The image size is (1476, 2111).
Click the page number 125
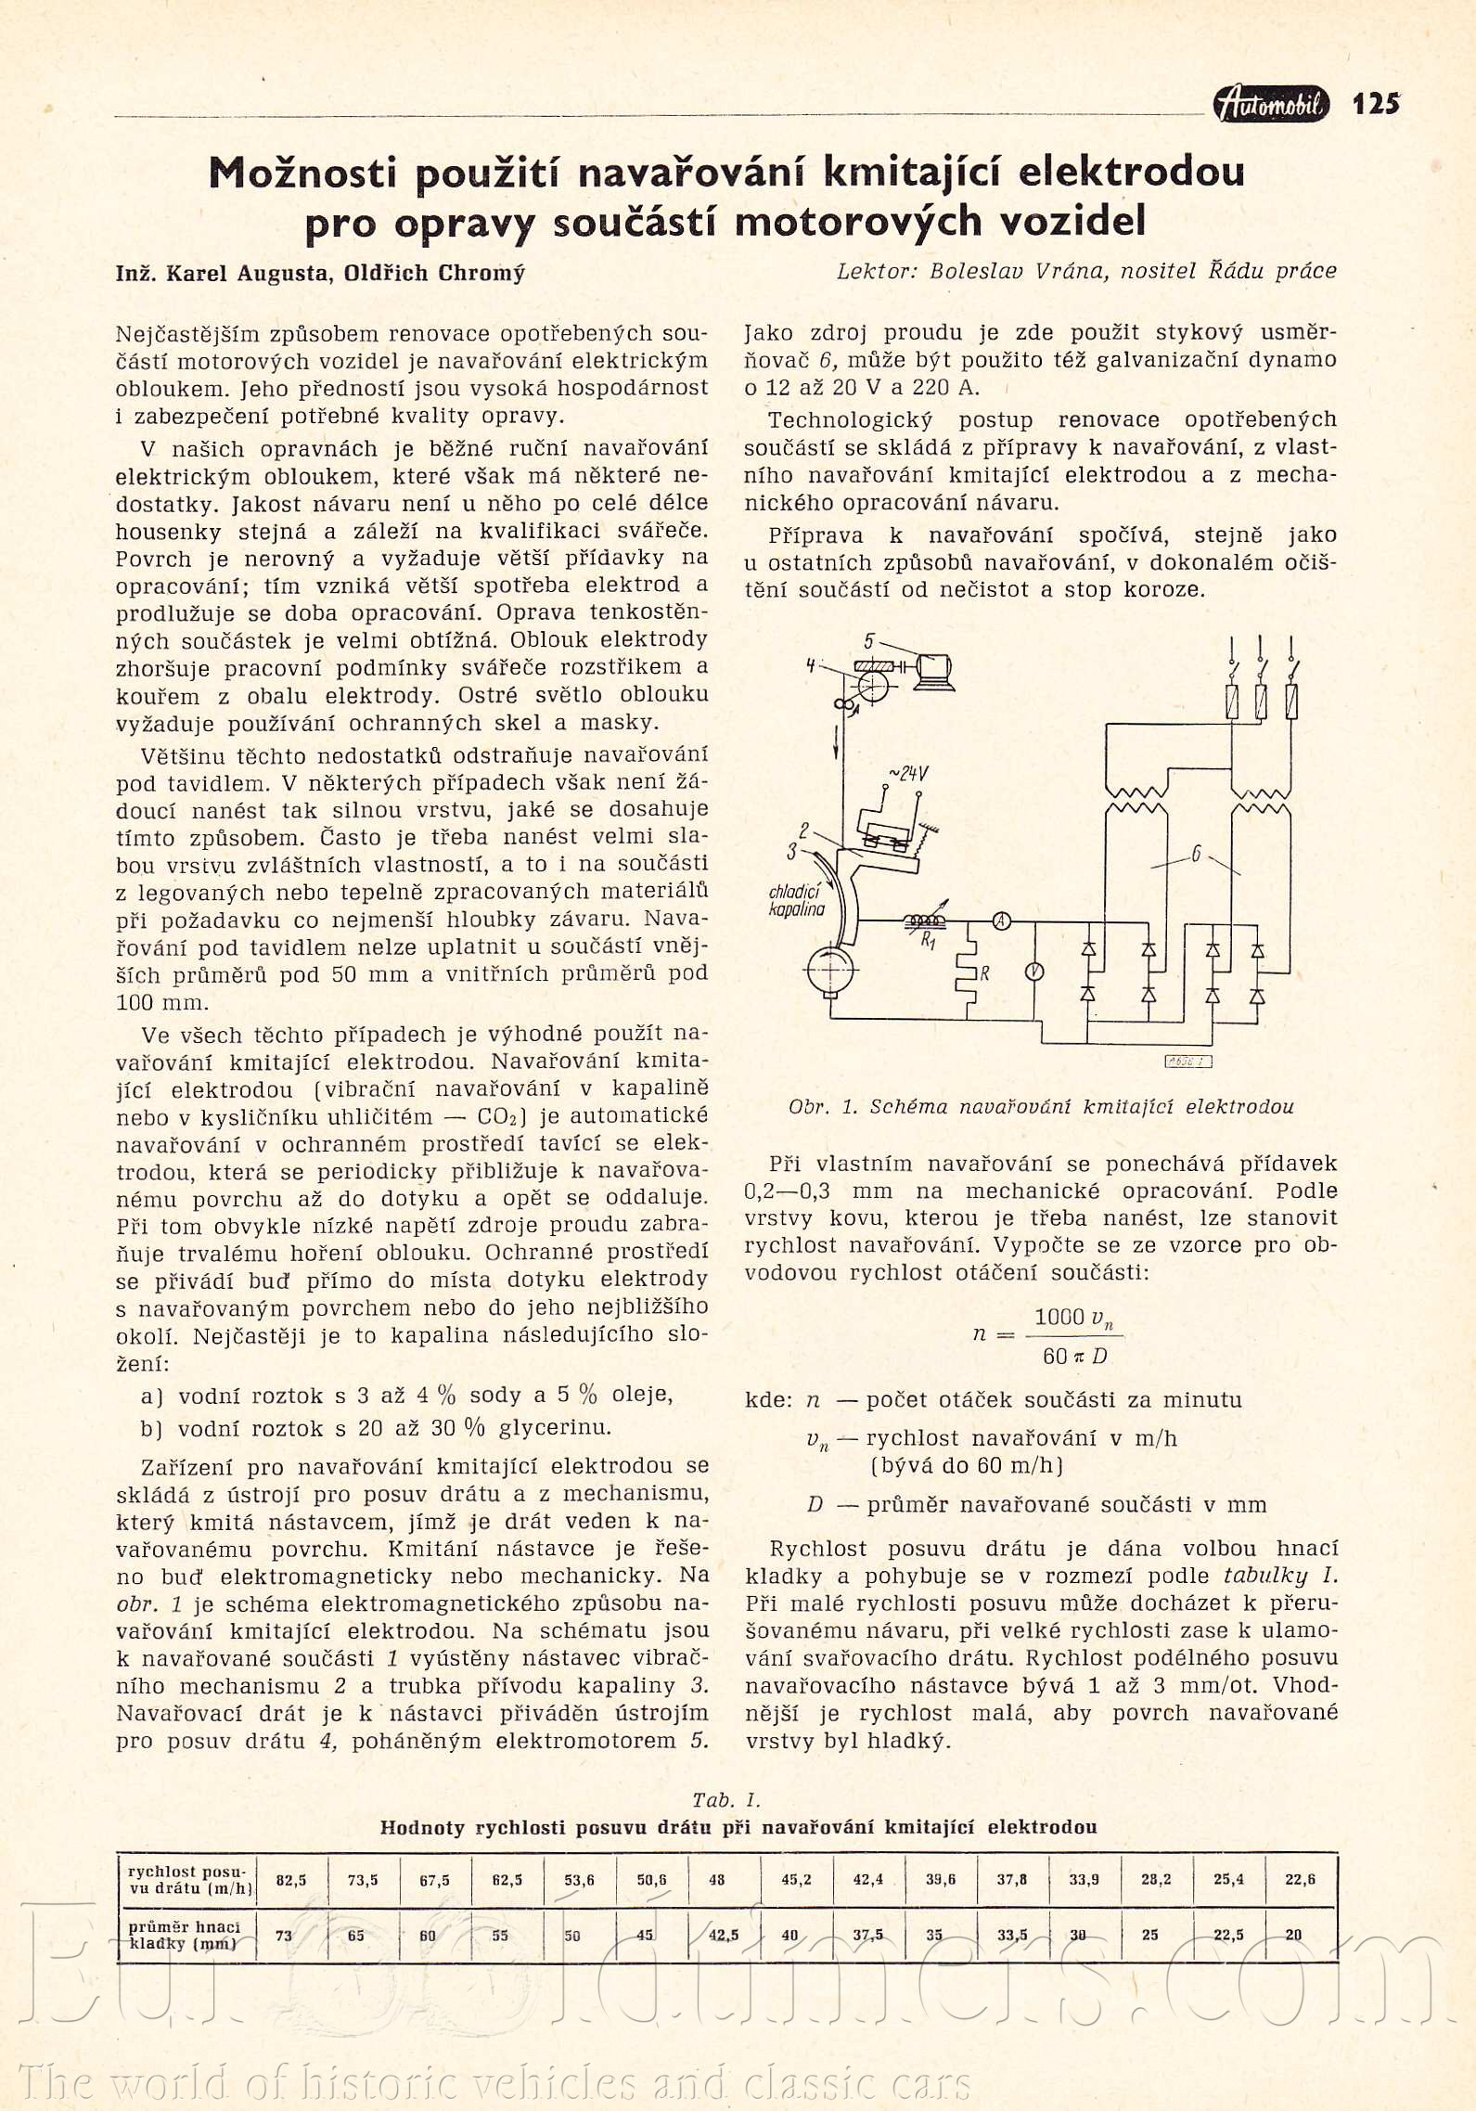[1375, 103]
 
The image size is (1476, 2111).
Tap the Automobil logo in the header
[1271, 104]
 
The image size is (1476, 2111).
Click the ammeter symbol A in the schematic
[1002, 921]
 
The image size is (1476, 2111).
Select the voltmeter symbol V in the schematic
[1033, 972]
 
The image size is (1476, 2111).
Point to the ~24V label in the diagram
[908, 773]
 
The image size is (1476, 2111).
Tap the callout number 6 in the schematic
[1196, 855]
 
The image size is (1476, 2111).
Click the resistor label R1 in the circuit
[928, 941]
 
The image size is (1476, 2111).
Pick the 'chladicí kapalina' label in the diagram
[796, 900]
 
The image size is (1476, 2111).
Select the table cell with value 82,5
[290, 1880]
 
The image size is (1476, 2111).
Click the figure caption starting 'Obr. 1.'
[1041, 1106]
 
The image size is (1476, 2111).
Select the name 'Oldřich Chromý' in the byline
[434, 273]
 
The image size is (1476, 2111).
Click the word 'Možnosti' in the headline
[302, 173]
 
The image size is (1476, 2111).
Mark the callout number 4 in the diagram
[811, 665]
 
